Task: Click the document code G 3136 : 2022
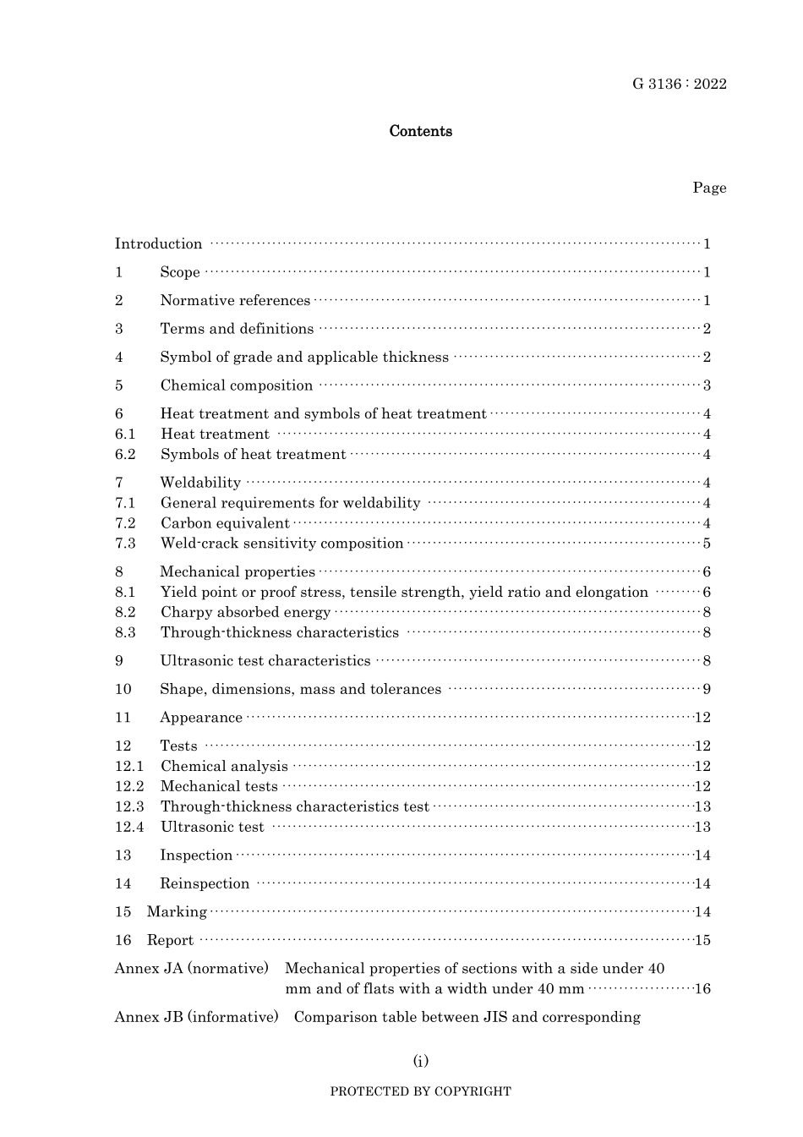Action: pyautogui.click(x=679, y=84)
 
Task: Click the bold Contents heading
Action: pyautogui.click(x=420, y=131)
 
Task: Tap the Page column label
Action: pyautogui.click(x=709, y=188)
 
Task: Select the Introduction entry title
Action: pyautogui.click(x=159, y=244)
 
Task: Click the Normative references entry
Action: pyautogui.click(x=235, y=301)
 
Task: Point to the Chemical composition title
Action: pyautogui.click(x=237, y=385)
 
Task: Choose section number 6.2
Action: pyautogui.click(x=125, y=455)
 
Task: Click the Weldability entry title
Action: pyautogui.click(x=200, y=483)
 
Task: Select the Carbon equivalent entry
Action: pyautogui.click(x=225, y=523)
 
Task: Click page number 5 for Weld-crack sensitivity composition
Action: pyautogui.click(x=707, y=544)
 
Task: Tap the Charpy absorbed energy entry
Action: pyautogui.click(x=245, y=613)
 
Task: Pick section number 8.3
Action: pyautogui.click(x=125, y=633)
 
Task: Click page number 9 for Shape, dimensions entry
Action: pyautogui.click(x=707, y=690)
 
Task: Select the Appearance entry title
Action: pyautogui.click(x=201, y=718)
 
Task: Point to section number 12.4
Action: pyautogui.click(x=129, y=828)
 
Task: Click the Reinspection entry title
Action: pyautogui.click(x=205, y=884)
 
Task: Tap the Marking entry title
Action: pyautogui.click(x=177, y=912)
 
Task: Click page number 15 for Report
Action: pyautogui.click(x=702, y=941)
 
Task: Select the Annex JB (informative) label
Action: pyautogui.click(x=196, y=1017)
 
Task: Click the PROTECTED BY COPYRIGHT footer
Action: pyautogui.click(x=420, y=1091)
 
